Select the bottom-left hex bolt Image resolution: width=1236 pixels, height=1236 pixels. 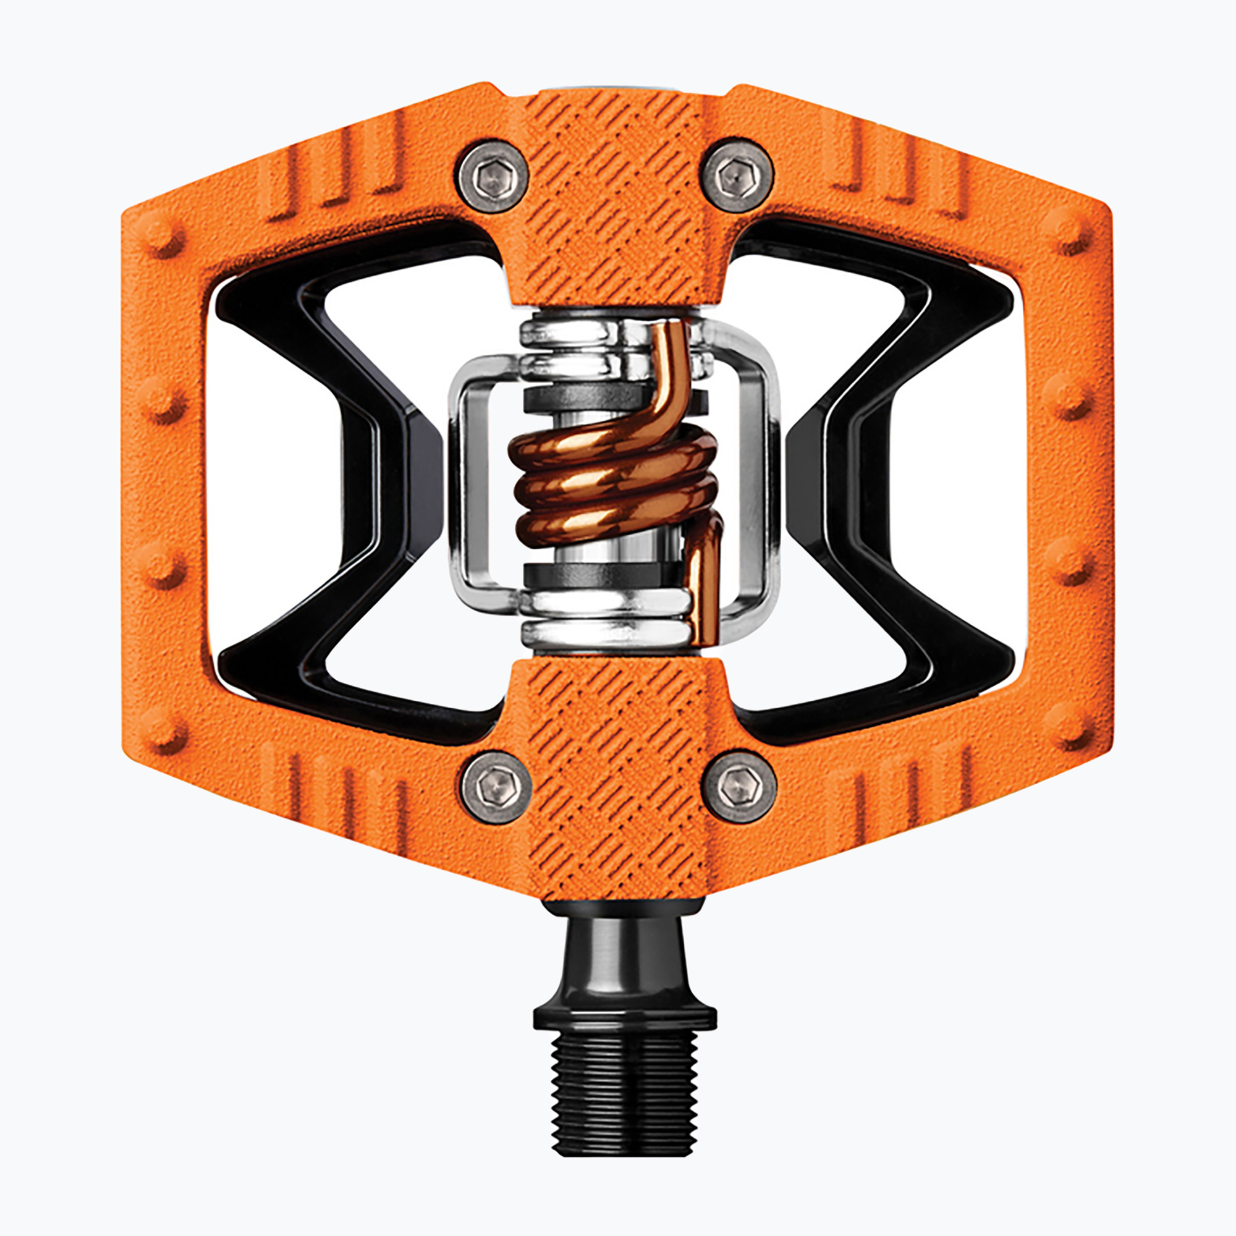(496, 787)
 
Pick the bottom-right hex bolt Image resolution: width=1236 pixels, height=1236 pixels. (739, 787)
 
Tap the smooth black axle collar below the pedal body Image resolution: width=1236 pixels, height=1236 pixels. (624, 953)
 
